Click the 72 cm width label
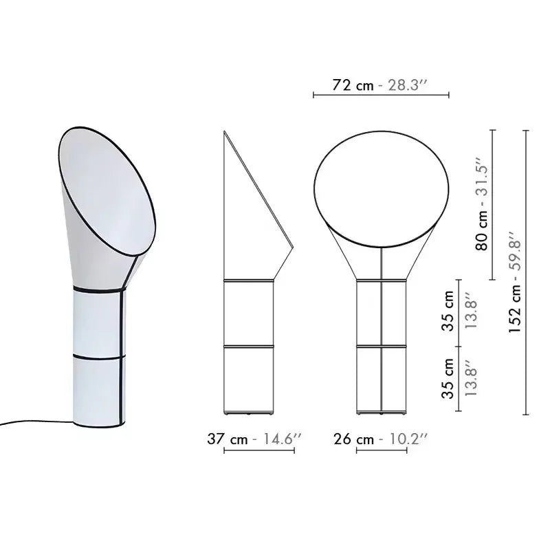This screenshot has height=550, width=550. pyautogui.click(x=353, y=85)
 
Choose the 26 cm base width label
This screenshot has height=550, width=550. pyautogui.click(x=355, y=439)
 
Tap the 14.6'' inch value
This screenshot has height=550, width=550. pyautogui.click(x=278, y=439)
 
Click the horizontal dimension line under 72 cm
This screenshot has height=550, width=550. pyautogui.click(x=381, y=96)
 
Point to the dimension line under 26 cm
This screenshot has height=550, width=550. pyautogui.click(x=382, y=451)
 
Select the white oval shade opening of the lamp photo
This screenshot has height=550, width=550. pyautogui.click(x=106, y=186)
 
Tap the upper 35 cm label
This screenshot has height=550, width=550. pyautogui.click(x=448, y=311)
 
